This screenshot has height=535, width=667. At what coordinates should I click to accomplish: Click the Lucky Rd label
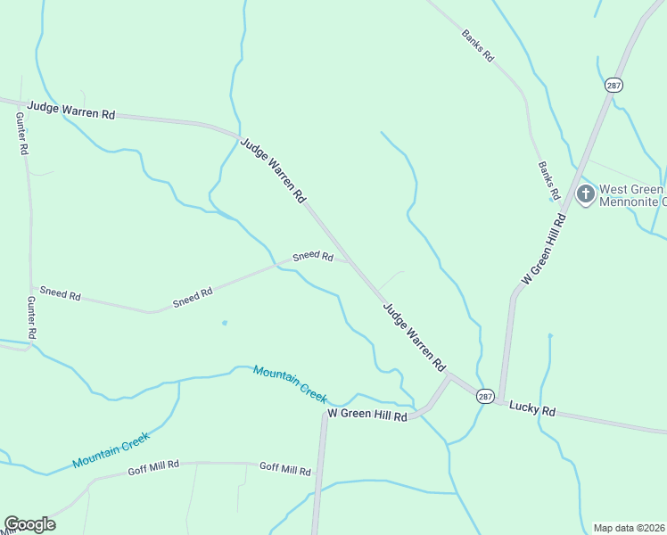pos(532,410)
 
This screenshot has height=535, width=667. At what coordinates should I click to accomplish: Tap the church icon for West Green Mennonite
pos(585,194)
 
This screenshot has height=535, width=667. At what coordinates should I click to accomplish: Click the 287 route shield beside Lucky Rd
pos(484,396)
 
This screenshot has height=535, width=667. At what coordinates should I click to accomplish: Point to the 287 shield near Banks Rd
pos(613,85)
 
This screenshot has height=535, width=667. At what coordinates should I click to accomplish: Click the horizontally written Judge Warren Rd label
pos(71,110)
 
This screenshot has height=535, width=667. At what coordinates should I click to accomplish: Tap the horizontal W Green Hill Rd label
pos(367,416)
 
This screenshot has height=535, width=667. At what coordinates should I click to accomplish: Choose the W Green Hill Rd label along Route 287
pos(544,249)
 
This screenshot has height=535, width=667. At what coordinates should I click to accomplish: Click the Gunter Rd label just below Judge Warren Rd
pos(22,135)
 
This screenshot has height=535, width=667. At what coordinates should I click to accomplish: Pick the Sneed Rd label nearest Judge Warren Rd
pos(313,257)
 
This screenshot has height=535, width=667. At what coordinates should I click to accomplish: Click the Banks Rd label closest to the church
pos(548,180)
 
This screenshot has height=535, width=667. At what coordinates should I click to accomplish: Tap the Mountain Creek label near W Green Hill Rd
pos(290,383)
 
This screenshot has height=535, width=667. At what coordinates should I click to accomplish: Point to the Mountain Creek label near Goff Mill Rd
pos(111,449)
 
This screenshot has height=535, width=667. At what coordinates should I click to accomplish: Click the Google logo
pos(29,524)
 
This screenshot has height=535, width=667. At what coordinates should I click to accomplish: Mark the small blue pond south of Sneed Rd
pos(224,323)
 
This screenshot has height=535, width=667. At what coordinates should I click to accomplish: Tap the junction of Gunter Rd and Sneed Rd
pos(32,287)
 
